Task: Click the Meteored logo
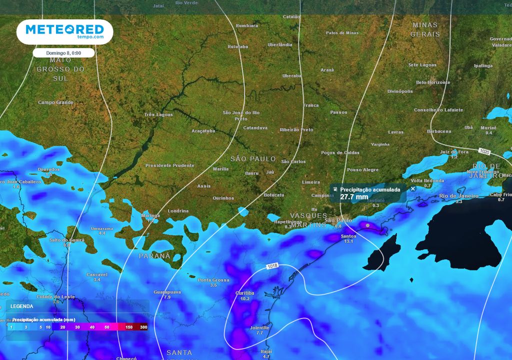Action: (64, 31)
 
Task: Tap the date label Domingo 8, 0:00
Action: (64, 52)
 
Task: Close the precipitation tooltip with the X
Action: (412, 189)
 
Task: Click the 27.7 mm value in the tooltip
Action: (354, 197)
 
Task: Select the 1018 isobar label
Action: (272, 266)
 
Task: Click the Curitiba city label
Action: (244, 293)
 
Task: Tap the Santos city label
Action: (348, 236)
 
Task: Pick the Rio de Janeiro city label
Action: (458, 195)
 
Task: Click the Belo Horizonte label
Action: (433, 82)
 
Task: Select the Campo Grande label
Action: (55, 102)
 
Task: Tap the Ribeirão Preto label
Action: (296, 129)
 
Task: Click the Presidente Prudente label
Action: (169, 165)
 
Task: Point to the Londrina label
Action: (178, 211)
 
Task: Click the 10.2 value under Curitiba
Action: (244, 298)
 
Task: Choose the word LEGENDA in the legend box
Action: (22, 306)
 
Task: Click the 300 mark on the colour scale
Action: (143, 327)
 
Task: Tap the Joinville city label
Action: (259, 327)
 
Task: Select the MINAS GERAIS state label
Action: (425, 29)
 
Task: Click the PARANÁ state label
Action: (154, 255)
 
